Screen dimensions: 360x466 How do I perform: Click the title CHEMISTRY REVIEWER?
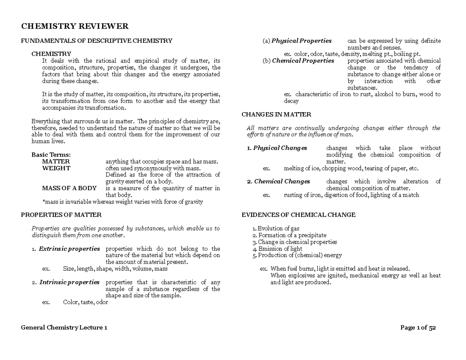[x=75, y=26]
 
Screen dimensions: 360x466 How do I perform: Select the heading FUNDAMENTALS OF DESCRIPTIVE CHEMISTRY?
[x=96, y=41]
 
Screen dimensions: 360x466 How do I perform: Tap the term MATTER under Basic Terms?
[x=56, y=161]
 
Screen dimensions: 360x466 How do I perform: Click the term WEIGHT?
[x=56, y=168]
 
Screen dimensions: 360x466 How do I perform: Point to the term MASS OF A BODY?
[x=69, y=188]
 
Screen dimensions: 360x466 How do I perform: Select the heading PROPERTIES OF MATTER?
[x=61, y=215]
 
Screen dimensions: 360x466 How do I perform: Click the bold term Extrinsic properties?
[x=69, y=249]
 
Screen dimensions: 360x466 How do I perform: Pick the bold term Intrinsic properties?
[x=69, y=282]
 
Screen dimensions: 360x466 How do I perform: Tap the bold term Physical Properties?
[x=301, y=41]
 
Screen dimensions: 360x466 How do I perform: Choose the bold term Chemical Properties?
[x=303, y=61]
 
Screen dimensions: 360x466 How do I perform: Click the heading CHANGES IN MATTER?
[x=276, y=115]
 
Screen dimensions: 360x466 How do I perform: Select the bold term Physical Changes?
[x=280, y=148]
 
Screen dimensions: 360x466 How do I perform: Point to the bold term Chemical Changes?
[x=282, y=181]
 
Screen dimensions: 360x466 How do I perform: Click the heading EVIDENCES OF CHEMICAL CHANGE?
[x=298, y=215]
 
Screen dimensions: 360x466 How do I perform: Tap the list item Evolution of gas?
[x=278, y=229]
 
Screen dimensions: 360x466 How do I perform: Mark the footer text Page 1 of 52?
[x=418, y=328]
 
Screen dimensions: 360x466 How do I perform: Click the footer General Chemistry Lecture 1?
[x=64, y=328]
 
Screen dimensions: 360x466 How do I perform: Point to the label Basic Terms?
[x=51, y=155]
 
